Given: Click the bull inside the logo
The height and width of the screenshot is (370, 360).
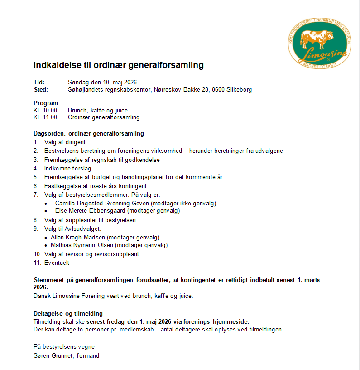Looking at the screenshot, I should pyautogui.click(x=317, y=39).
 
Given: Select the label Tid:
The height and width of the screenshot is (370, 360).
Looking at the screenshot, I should pyautogui.click(x=39, y=82).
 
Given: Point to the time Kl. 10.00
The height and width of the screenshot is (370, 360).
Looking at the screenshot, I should pyautogui.click(x=45, y=110).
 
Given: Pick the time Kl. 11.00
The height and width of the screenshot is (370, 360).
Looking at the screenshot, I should pyautogui.click(x=45, y=117).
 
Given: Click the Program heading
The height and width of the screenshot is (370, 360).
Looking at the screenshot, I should pyautogui.click(x=46, y=103).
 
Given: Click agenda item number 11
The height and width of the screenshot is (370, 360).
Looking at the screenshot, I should pyautogui.click(x=37, y=263).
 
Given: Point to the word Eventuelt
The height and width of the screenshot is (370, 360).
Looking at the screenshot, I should pyautogui.click(x=57, y=263).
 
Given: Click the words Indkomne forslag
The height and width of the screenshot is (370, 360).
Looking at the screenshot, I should pyautogui.click(x=67, y=168).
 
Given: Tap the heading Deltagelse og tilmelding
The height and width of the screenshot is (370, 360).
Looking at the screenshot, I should pyautogui.click(x=68, y=313).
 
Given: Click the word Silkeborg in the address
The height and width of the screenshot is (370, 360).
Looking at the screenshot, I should pyautogui.click(x=240, y=89).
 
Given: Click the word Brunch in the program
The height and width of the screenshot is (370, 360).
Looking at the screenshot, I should pyautogui.click(x=77, y=110).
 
